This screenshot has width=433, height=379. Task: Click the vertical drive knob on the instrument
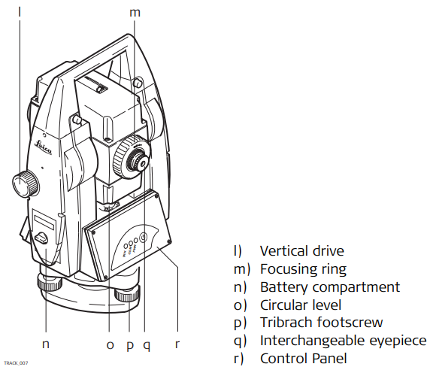pyautogui.click(x=26, y=183)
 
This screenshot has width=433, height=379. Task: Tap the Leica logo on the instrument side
pyautogui.click(x=43, y=147)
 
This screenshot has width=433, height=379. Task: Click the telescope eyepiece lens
pyautogui.click(x=143, y=165)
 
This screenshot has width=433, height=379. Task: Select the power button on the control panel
pyautogui.click(x=144, y=238)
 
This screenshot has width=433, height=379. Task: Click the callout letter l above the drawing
pyautogui.click(x=20, y=12)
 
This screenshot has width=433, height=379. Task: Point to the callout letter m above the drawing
pyautogui.click(x=135, y=13)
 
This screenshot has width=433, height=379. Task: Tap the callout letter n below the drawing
pyautogui.click(x=46, y=344)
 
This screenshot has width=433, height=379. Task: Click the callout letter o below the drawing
pyautogui.click(x=110, y=344)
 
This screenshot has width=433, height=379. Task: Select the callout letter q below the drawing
pyautogui.click(x=147, y=346)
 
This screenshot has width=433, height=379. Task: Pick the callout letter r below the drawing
pyautogui.click(x=177, y=344)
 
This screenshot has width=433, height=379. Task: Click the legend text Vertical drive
pyautogui.click(x=302, y=251)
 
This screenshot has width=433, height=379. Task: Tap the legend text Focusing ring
pyautogui.click(x=303, y=269)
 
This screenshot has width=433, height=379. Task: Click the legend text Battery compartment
pyautogui.click(x=330, y=287)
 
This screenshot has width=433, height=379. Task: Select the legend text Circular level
pyautogui.click(x=301, y=305)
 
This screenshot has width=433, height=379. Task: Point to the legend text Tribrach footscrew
pyautogui.click(x=322, y=323)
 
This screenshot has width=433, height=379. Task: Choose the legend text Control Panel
pyautogui.click(x=303, y=359)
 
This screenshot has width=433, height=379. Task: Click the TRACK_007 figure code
pyautogui.click(x=16, y=363)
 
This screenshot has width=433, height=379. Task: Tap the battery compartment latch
pyautogui.click(x=41, y=238)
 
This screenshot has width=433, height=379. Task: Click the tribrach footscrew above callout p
pyautogui.click(x=128, y=295)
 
